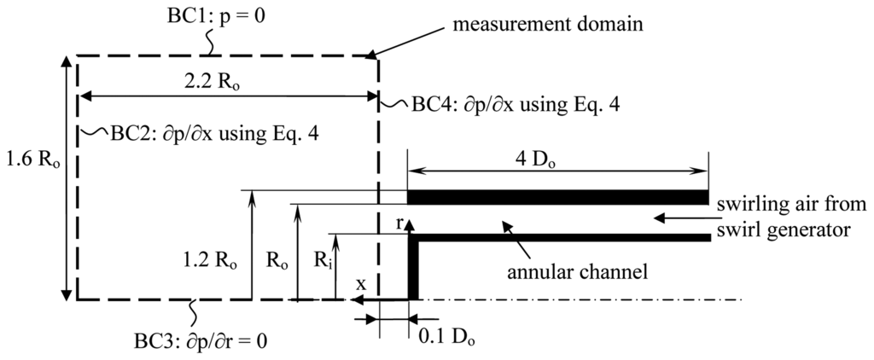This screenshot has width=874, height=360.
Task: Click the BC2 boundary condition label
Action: [213, 134]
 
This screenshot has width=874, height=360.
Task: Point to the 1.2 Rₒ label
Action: [207, 255]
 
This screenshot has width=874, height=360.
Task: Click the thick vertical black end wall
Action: [412, 268]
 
